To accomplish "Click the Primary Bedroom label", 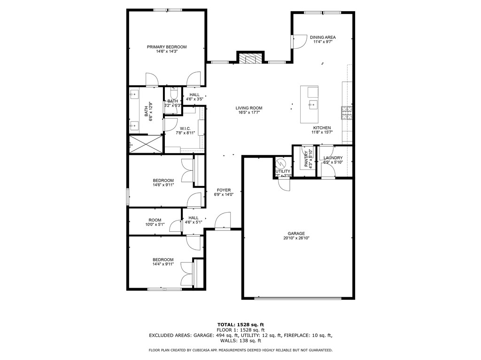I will pyautogui.click(x=167, y=47).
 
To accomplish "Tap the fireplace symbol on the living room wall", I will pyautogui.click(x=248, y=58).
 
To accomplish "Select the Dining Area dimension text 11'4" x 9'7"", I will pyautogui.click(x=323, y=42).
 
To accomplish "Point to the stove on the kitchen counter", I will pyautogui.click(x=347, y=113).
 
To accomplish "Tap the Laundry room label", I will pyautogui.click(x=333, y=158).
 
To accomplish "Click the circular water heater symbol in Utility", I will pyautogui.click(x=281, y=163).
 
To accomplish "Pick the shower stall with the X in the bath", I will pyautogui.click(x=146, y=144).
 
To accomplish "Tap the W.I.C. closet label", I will pyautogui.click(x=184, y=129).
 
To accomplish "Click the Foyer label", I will pyautogui.click(x=224, y=190).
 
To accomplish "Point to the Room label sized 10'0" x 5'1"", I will pyautogui.click(x=155, y=220).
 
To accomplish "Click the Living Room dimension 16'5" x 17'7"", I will pyautogui.click(x=249, y=113).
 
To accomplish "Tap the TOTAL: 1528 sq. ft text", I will pyautogui.click(x=240, y=324).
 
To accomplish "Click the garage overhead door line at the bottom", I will pyautogui.click(x=298, y=298).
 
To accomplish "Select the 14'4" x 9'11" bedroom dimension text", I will pyautogui.click(x=163, y=264).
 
